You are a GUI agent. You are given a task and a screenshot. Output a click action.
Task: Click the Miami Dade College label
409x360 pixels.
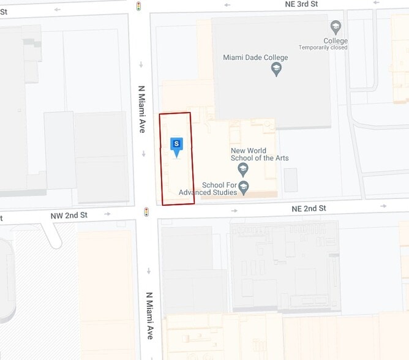point(255,58)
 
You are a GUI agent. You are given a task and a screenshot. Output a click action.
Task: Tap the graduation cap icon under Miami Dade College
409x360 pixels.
point(276,69)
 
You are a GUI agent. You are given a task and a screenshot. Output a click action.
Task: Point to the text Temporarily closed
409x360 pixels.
point(323,48)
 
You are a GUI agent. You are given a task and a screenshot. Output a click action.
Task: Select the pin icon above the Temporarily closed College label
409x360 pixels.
point(335,28)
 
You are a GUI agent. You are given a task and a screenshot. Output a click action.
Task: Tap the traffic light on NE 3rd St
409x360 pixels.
point(139,6)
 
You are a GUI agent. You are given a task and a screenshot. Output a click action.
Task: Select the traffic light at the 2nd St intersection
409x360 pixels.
point(146,212)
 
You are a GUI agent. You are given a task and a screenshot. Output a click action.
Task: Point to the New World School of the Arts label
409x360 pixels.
point(259,154)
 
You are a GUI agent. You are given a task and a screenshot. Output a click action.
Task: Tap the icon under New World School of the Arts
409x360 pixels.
point(243,168)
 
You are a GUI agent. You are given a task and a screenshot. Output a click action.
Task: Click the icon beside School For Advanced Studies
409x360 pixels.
point(244,187)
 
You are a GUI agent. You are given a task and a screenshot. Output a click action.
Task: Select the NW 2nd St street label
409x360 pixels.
point(69,216)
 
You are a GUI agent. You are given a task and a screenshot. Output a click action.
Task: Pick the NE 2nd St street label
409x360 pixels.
point(309,209)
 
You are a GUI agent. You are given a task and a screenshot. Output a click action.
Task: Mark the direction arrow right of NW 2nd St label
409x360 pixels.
point(108,214)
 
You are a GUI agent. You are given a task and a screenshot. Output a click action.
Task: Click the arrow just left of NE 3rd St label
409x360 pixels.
point(227,5)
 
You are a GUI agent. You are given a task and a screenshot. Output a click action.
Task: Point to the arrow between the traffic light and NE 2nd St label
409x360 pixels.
point(235,211)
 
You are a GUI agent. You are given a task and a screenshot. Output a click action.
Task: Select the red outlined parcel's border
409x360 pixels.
point(160,159)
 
